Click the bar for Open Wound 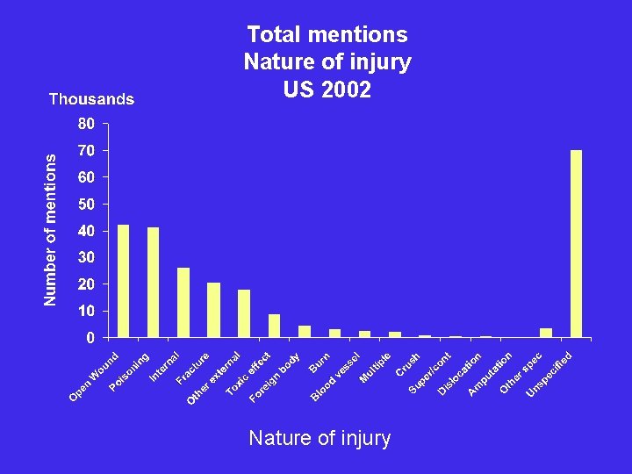[x=123, y=281]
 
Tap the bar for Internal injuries [x=183, y=303]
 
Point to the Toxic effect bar [x=274, y=326]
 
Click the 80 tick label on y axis [x=86, y=124]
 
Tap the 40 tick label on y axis [x=86, y=231]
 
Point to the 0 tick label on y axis [x=90, y=338]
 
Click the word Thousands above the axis [x=91, y=99]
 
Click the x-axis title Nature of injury [x=320, y=438]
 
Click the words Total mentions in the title [x=327, y=34]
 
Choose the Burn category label [x=320, y=361]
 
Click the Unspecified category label [x=549, y=374]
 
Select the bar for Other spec [x=546, y=333]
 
